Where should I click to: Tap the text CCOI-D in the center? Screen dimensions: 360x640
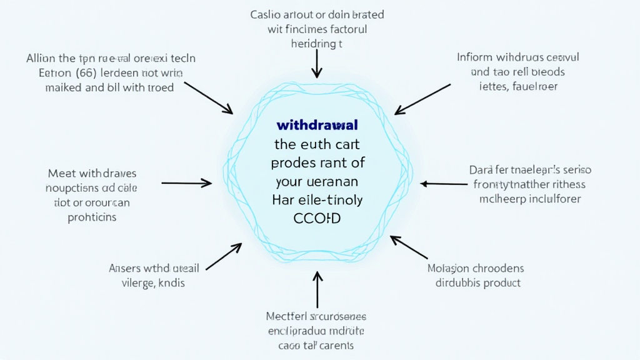(319, 219)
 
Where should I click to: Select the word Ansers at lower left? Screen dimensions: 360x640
(125, 268)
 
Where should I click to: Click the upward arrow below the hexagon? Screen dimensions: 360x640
(317, 289)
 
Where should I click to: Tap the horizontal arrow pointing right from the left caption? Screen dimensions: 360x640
(187, 183)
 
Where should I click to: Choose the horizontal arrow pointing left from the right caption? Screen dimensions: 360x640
(444, 184)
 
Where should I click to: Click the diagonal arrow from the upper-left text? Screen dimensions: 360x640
(208, 97)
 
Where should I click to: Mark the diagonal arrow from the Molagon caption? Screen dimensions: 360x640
(409, 247)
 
